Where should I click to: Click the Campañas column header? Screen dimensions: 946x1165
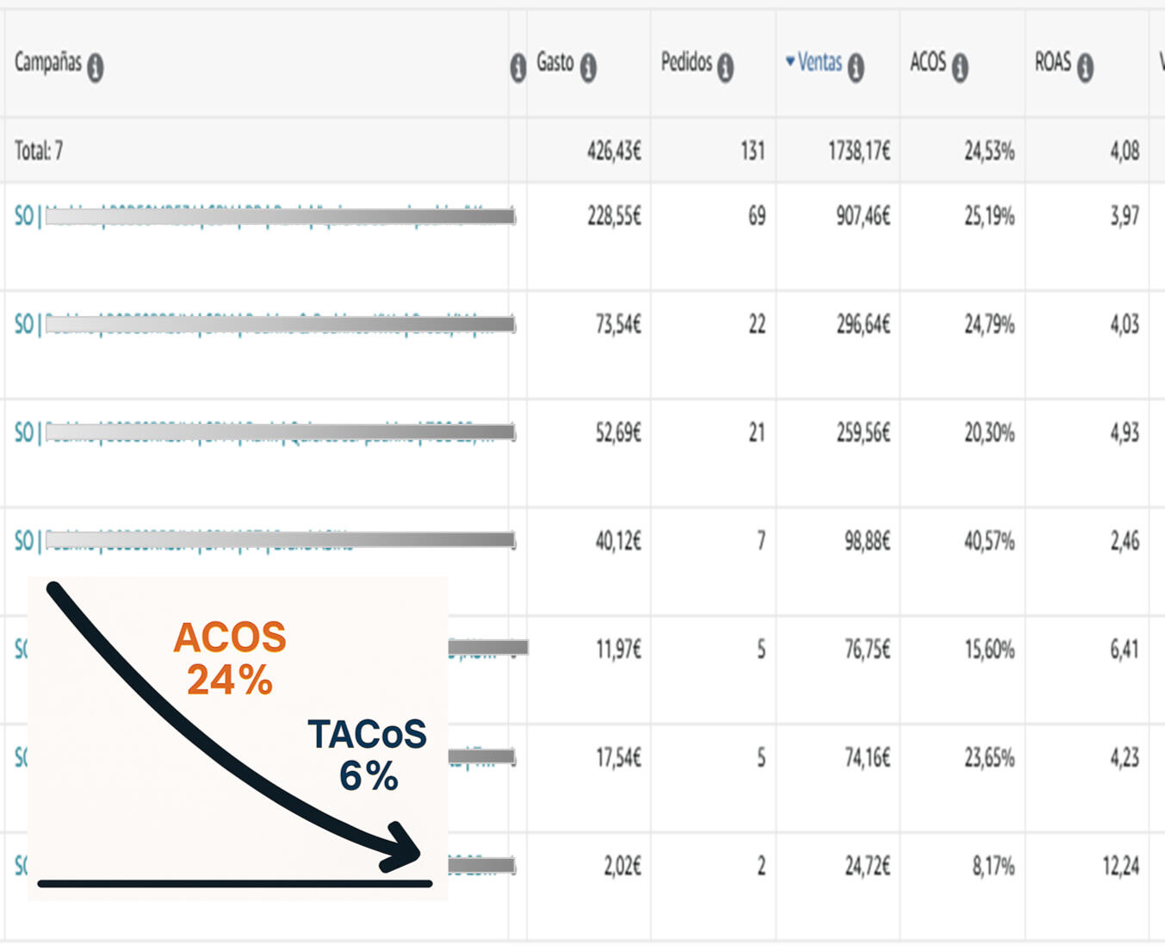(48, 62)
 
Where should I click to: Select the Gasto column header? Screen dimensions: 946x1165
(555, 62)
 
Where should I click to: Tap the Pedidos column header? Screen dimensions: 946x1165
(686, 62)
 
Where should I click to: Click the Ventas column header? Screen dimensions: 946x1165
(819, 62)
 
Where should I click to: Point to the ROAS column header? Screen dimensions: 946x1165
(1053, 62)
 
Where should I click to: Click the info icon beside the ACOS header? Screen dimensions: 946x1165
(960, 66)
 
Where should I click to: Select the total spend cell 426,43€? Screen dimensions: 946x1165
(614, 152)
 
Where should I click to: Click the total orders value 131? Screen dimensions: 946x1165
(752, 152)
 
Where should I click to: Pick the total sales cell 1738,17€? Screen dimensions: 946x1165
(858, 152)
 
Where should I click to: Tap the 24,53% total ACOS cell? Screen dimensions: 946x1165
(988, 152)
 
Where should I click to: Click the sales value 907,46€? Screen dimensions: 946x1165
(863, 216)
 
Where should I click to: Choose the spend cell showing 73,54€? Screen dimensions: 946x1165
(618, 325)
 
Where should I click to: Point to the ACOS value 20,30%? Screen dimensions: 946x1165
(988, 433)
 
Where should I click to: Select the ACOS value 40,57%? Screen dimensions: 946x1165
(988, 541)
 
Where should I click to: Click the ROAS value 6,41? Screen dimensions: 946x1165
(1124, 649)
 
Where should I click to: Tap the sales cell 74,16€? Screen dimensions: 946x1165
(867, 757)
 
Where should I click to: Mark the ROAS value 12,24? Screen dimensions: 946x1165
(1120, 866)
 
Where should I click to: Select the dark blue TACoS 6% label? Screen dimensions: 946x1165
(368, 755)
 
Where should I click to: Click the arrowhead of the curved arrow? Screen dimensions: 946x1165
(406, 850)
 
